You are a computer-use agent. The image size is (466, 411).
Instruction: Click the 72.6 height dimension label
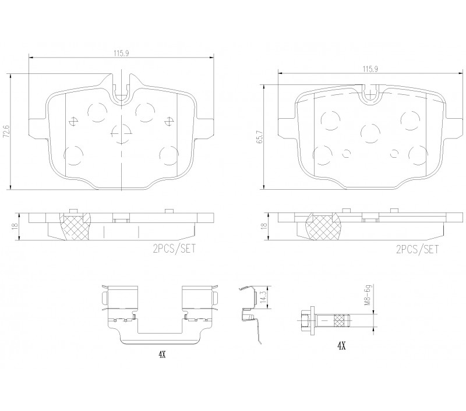[6, 132]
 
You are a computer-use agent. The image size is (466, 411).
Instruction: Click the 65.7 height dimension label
[260, 138]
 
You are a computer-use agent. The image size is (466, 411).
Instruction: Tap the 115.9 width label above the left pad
[121, 54]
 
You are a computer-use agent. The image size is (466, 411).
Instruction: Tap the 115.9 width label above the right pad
[370, 69]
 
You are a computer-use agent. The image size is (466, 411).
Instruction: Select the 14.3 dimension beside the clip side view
[263, 297]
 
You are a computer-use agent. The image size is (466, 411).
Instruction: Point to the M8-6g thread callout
[368, 296]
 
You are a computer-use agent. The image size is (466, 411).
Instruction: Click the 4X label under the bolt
[341, 345]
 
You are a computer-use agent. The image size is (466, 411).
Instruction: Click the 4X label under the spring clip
[162, 355]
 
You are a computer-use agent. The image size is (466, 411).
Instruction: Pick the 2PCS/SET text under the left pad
[174, 248]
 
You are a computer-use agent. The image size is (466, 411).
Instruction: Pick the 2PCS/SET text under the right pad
[417, 249]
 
